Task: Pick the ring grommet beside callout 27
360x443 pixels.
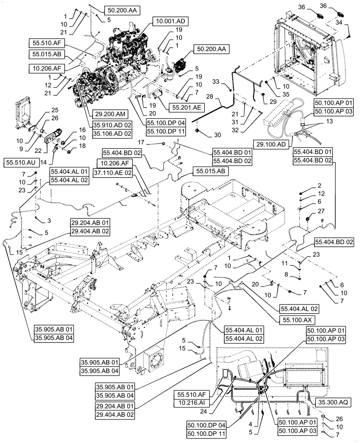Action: (306, 219)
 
